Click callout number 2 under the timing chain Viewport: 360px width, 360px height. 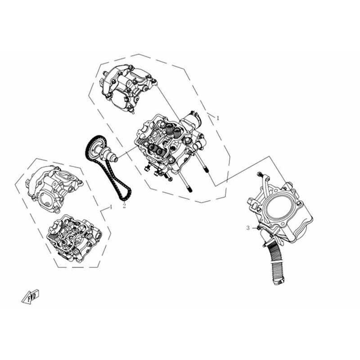click(124, 206)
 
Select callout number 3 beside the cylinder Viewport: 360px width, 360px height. click(248, 228)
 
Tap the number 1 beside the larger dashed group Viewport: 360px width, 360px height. click(218, 118)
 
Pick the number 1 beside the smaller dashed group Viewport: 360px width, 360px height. click(111, 207)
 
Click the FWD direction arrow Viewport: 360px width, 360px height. click(30, 297)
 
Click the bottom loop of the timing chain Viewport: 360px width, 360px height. click(125, 196)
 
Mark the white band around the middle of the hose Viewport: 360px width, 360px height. click(276, 261)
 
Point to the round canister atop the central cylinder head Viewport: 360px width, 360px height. click(192, 120)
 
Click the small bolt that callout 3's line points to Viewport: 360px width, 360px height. click(259, 228)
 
